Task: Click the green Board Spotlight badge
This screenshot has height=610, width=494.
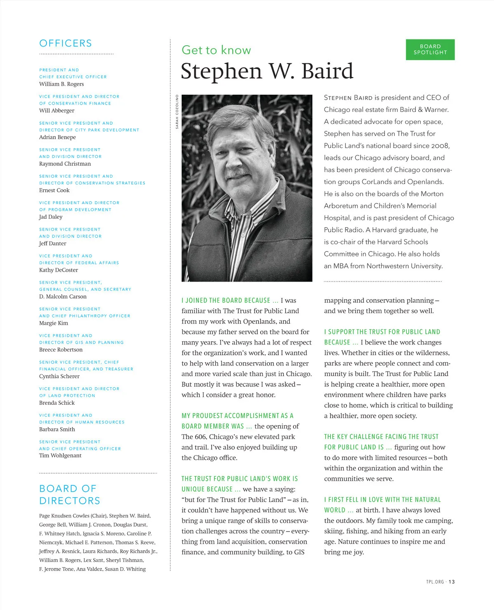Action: pos(430,49)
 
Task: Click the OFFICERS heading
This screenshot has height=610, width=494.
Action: pos(65,43)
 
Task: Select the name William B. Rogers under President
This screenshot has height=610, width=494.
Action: pos(61,84)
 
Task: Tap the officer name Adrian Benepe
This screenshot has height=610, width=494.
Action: pos(58,137)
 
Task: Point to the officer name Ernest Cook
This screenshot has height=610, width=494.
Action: pos(54,190)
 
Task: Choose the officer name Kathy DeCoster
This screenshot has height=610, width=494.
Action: pos(58,270)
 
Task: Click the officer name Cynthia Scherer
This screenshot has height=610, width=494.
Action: pos(59,376)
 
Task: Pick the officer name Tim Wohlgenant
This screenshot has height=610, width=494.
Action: pos(60,455)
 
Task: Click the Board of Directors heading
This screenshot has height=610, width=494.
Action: pos(70,494)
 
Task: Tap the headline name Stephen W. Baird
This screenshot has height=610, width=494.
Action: pos(267,71)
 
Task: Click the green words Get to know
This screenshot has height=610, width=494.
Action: pos(216,50)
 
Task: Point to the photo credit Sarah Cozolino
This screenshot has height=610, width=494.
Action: pos(177,112)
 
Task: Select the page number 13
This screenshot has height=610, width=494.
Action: pos(452,582)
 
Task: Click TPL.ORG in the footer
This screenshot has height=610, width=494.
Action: pos(435,582)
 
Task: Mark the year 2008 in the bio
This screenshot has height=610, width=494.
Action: pos(440,146)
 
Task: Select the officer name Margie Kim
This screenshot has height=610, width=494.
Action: pos(54,323)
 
